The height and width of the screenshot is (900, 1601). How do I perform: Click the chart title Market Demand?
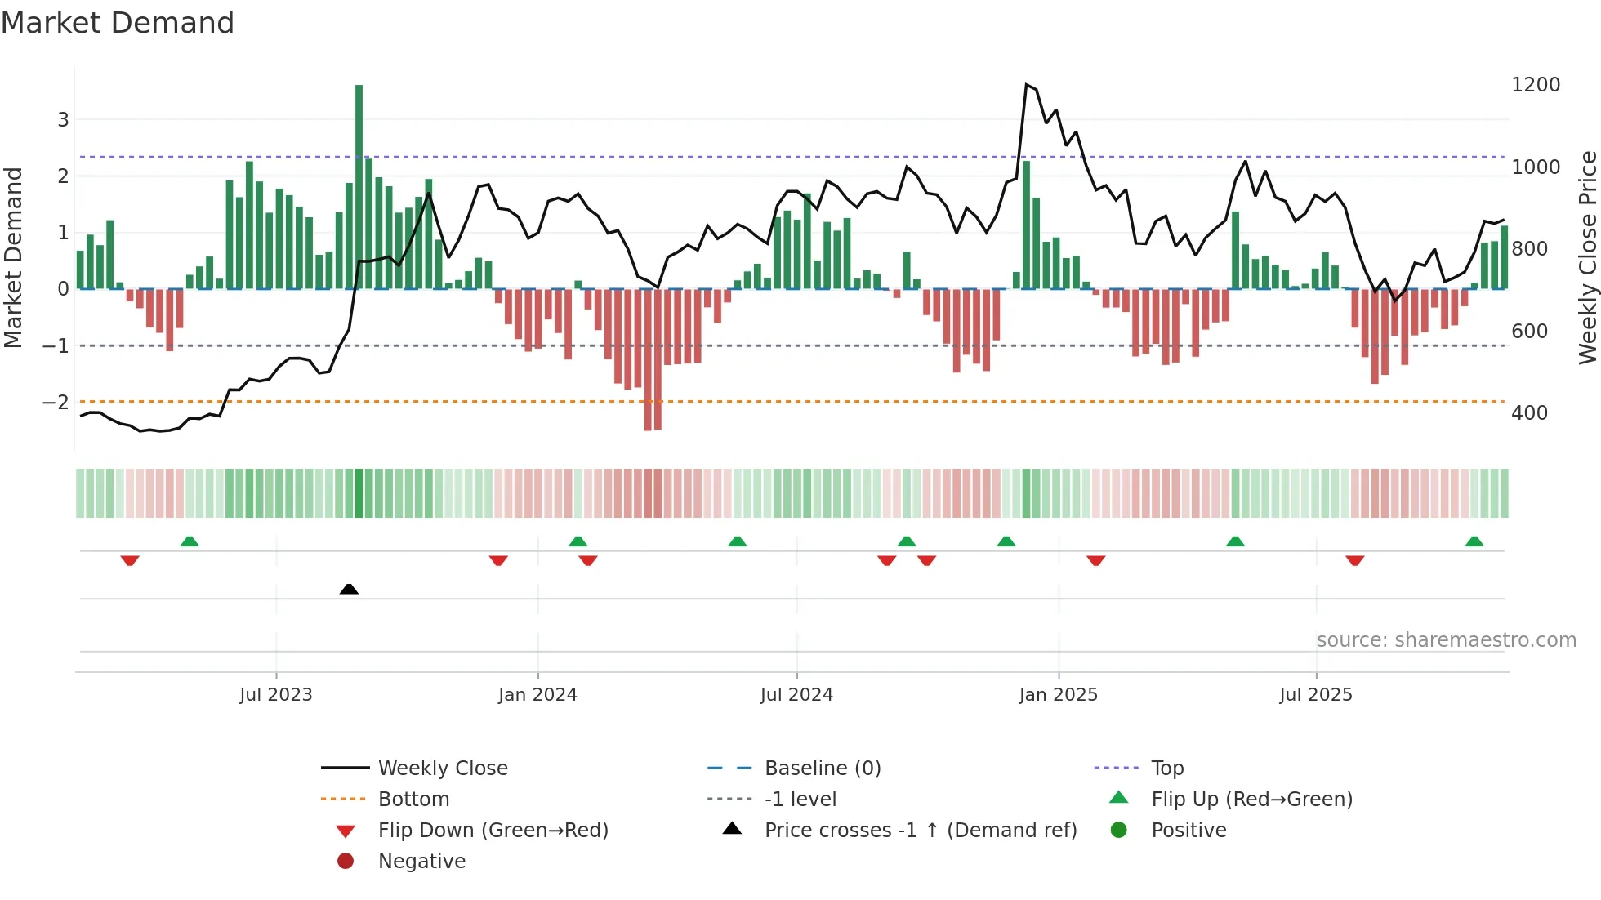(118, 23)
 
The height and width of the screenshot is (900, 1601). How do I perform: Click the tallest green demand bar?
(359, 186)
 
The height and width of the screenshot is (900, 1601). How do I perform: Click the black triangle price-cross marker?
(349, 589)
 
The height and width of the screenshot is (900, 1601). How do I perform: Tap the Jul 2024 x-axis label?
(796, 695)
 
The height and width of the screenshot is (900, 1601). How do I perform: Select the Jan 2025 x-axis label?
(1059, 695)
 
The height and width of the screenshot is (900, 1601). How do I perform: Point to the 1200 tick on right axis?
(1536, 85)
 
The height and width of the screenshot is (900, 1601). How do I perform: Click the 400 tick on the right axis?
(1529, 413)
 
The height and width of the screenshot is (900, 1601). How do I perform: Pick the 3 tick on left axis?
(63, 120)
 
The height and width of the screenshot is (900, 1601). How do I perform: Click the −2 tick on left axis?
(56, 403)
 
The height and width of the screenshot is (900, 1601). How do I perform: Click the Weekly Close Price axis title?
(1587, 257)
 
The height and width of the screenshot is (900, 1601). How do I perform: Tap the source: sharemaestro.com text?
(1446, 640)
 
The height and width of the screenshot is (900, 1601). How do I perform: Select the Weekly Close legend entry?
(442, 769)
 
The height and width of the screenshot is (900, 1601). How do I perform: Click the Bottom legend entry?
(413, 800)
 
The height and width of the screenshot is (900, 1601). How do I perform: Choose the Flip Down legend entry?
(493, 831)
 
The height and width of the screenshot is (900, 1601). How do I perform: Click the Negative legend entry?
(421, 862)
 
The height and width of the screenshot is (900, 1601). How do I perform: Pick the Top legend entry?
(1166, 769)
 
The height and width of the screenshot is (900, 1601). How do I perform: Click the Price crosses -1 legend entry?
(920, 831)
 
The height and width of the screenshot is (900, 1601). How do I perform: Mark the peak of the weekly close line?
(1027, 85)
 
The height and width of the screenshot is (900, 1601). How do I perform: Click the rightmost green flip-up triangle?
(1474, 541)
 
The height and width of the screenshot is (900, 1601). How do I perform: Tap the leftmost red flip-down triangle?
(130, 560)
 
